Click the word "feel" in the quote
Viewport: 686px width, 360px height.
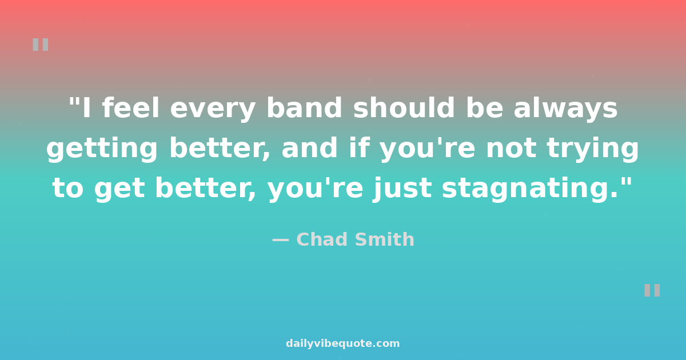pos(131,107)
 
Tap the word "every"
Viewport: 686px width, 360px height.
pos(213,110)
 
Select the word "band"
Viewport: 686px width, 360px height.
pos(304,107)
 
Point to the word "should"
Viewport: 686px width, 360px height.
pos(404,107)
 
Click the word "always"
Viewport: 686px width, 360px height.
pos(565,110)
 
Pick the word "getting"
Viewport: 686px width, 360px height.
pos(102,150)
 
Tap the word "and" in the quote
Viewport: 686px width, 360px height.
pos(310,147)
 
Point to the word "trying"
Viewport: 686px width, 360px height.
pos(593,150)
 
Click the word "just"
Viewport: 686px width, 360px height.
pos(402,190)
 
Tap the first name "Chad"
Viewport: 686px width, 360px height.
pos(320,239)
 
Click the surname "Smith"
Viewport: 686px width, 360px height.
pos(385,239)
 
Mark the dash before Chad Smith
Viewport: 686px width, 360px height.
pos(281,241)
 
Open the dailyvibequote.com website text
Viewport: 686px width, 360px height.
pos(342,343)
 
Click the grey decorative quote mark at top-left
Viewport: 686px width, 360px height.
pos(41,45)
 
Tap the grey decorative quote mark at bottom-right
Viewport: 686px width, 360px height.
pos(652,290)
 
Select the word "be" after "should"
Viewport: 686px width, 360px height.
pos(485,107)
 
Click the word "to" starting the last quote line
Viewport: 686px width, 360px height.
pos(67,189)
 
